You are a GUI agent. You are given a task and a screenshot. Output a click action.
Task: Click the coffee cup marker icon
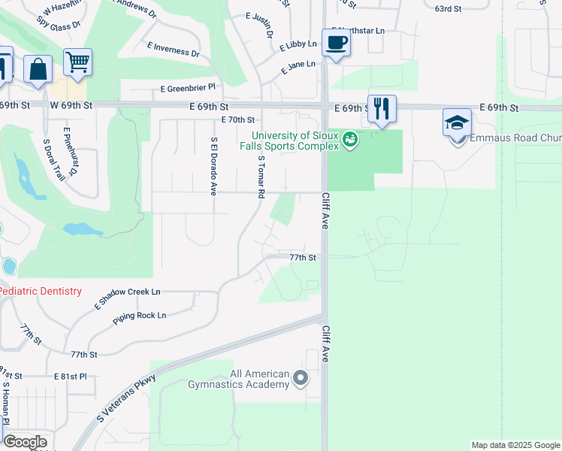(x=336, y=42)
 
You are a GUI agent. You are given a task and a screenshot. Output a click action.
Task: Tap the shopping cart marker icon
(x=77, y=62)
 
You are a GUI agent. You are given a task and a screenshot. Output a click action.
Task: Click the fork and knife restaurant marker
(x=382, y=108)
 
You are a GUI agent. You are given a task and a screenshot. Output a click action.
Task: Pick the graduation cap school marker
(x=457, y=123)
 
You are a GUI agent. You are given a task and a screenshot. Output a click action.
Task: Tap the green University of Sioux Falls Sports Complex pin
(x=349, y=139)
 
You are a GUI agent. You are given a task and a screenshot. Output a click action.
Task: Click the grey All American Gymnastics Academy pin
(x=301, y=378)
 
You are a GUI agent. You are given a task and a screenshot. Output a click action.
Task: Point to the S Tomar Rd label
(x=261, y=177)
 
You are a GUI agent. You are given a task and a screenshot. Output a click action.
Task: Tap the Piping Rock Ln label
(x=139, y=316)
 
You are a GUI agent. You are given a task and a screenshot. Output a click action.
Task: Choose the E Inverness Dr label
(x=174, y=50)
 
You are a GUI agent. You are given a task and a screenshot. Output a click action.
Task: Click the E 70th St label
(x=238, y=120)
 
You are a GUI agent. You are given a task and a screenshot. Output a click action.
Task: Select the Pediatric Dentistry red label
(x=40, y=291)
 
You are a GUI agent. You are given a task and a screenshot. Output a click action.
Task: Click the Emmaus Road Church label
(x=515, y=138)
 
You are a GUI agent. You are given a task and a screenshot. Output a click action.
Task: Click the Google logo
(x=25, y=442)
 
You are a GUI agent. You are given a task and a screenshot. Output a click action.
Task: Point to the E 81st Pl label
(x=71, y=376)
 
